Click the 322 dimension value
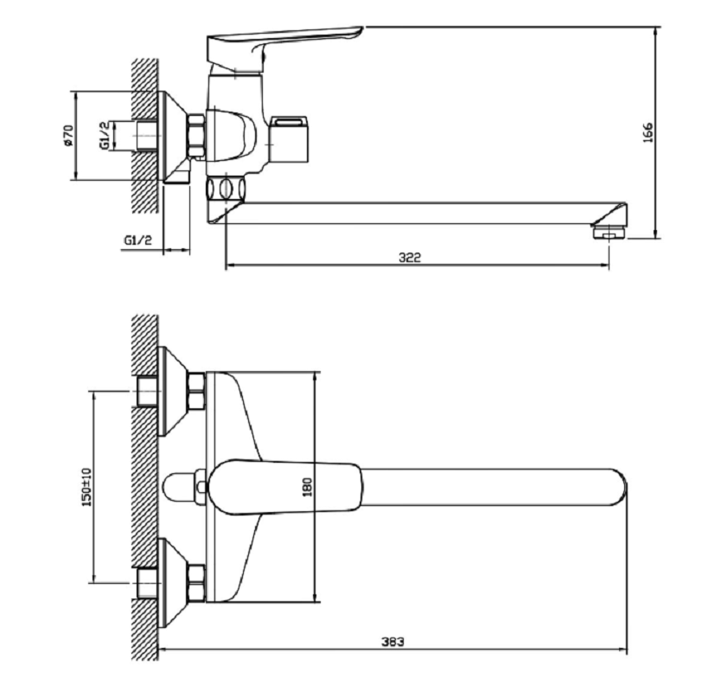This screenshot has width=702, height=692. click(x=410, y=258)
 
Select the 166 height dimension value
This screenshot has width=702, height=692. click(x=648, y=132)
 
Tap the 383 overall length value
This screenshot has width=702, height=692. click(x=392, y=642)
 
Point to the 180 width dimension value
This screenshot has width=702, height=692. click(x=307, y=487)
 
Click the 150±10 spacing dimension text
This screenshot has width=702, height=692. click(x=86, y=487)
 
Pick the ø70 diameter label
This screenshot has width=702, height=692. click(x=68, y=135)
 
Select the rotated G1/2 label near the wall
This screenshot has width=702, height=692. click(x=104, y=135)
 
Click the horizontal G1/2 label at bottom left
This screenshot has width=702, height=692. click(x=138, y=240)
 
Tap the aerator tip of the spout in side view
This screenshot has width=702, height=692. click(x=609, y=233)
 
